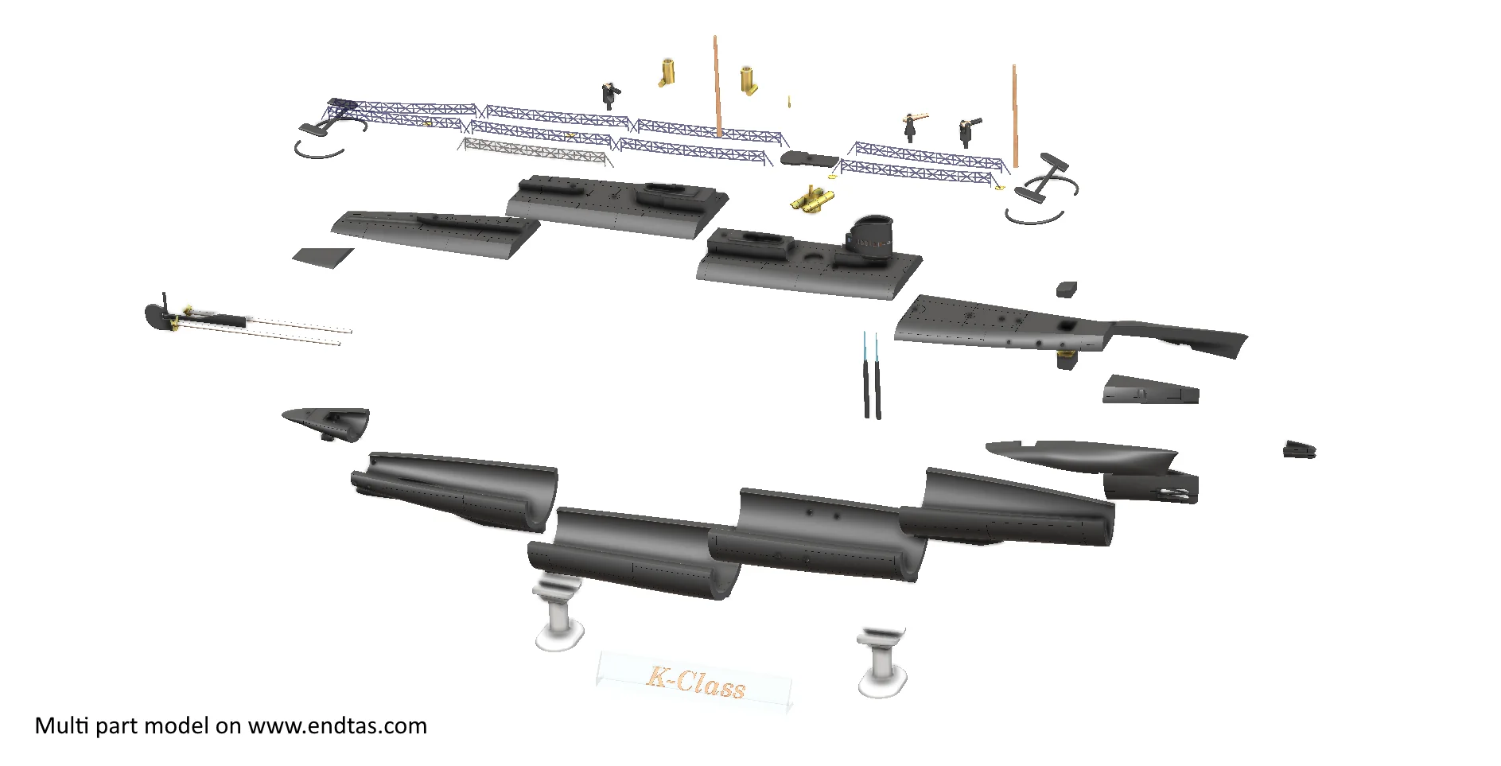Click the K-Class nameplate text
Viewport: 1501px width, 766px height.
click(x=695, y=682)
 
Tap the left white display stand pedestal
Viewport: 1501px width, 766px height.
click(x=558, y=612)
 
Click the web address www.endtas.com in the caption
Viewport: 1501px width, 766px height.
click(x=337, y=726)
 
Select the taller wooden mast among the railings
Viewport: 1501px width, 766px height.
click(x=717, y=86)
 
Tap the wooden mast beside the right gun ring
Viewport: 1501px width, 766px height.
click(x=1015, y=116)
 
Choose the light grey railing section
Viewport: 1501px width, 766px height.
click(x=535, y=152)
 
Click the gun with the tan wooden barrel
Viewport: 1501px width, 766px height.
click(x=914, y=124)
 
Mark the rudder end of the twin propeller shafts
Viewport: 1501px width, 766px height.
click(x=161, y=314)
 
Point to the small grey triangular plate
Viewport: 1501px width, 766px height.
click(x=322, y=258)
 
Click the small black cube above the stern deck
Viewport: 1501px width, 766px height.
click(x=1067, y=289)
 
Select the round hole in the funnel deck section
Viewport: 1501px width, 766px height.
click(x=813, y=259)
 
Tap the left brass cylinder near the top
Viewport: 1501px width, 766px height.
click(x=667, y=72)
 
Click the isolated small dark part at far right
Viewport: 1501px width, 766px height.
click(x=1299, y=449)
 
